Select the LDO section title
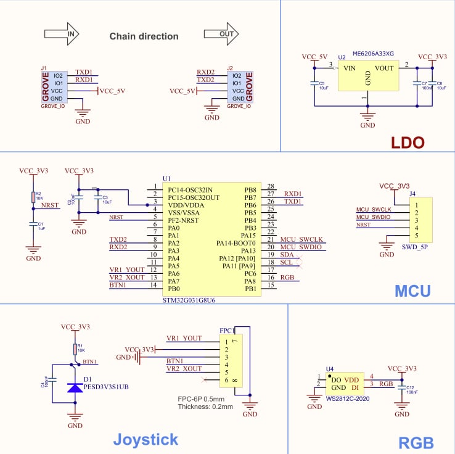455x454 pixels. point(408,143)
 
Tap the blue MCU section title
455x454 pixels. point(413,291)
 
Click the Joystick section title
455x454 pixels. point(146,439)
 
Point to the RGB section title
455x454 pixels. point(416,442)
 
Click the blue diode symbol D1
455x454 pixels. point(75,387)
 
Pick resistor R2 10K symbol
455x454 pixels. point(33,197)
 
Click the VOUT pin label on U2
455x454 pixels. point(383,68)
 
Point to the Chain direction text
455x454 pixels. point(144,36)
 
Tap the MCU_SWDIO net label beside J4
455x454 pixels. point(373,217)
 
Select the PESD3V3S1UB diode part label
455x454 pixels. point(106,387)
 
